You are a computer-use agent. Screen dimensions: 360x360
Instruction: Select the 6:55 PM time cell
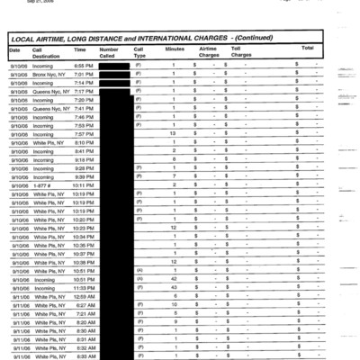[x=83, y=66]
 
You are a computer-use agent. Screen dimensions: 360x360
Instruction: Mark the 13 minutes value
[x=172, y=133]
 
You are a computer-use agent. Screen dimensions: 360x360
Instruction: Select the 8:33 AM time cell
[x=84, y=355]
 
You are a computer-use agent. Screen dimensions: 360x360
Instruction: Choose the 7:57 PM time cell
[x=83, y=133]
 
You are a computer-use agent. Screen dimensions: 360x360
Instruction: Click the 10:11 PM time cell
[x=84, y=184]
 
